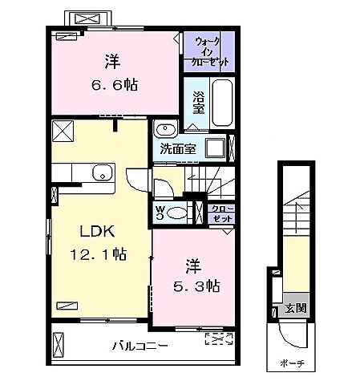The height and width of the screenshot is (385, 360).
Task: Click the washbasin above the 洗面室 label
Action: pos(167,131)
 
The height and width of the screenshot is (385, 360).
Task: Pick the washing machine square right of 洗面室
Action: pos(214,148)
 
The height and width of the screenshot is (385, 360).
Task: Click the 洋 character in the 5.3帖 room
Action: pos(193,264)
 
